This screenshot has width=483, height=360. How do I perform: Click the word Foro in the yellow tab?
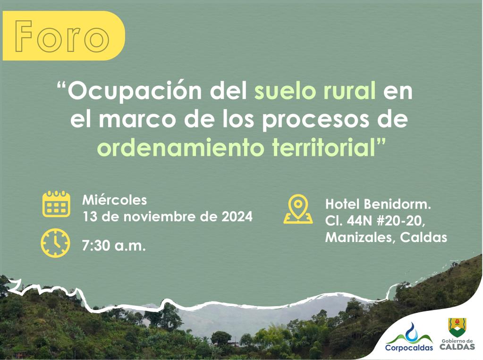(x=60, y=36)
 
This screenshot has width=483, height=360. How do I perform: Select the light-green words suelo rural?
(x=315, y=92)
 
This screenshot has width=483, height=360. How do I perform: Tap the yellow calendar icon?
(x=56, y=204)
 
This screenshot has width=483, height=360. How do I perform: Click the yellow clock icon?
(x=55, y=243)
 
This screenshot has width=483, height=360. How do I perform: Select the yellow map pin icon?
(x=298, y=209)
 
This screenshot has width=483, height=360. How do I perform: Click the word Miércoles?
(x=115, y=200)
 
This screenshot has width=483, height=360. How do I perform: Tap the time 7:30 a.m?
(x=113, y=246)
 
